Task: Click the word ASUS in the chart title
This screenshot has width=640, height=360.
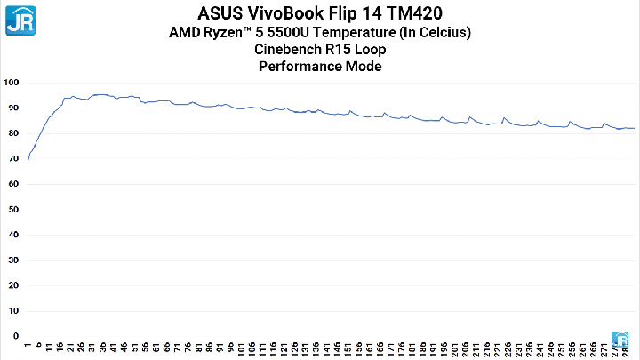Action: (220, 13)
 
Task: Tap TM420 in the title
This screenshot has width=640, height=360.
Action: (415, 13)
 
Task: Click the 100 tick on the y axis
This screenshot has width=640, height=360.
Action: (12, 83)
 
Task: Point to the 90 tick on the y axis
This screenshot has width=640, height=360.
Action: (13, 108)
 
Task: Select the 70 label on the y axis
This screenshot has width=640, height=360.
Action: (13, 158)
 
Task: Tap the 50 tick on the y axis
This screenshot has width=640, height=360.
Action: (13, 210)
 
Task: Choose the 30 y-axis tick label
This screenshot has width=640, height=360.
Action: (13, 260)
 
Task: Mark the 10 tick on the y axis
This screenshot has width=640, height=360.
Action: (13, 311)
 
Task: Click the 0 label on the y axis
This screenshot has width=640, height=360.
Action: (15, 336)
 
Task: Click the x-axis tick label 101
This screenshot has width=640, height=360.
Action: (241, 349)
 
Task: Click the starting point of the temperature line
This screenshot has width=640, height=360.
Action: (28, 160)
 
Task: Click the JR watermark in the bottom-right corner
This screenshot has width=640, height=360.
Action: (624, 340)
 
